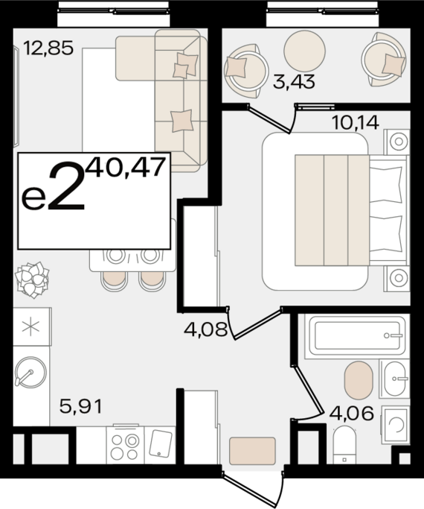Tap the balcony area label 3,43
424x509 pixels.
coord(294,82)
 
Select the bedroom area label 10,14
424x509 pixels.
coord(355,121)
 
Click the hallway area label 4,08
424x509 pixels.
coord(205,328)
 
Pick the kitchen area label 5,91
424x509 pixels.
coord(80,407)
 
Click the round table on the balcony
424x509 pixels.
coord(305,47)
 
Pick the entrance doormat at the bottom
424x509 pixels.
coord(252,450)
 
